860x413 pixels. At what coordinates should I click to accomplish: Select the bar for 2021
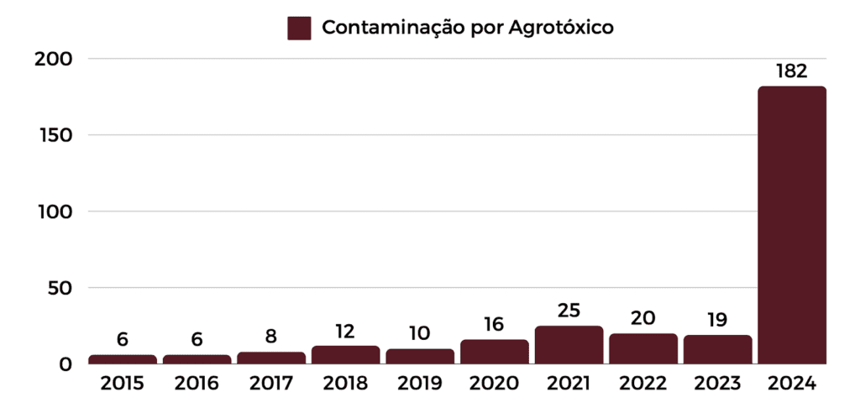pyautogui.click(x=569, y=345)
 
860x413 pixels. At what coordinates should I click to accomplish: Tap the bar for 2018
pyautogui.click(x=345, y=355)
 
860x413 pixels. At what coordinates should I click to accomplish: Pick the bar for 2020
pyautogui.click(x=494, y=352)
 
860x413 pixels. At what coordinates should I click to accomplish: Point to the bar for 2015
pyautogui.click(x=122, y=359)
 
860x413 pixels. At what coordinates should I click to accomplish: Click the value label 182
pyautogui.click(x=792, y=71)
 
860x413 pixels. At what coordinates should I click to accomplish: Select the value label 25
pyautogui.click(x=569, y=311)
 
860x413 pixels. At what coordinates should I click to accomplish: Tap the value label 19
pyautogui.click(x=717, y=320)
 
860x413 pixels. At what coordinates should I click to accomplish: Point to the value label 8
pyautogui.click(x=270, y=337)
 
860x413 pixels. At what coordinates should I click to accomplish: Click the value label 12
pyautogui.click(x=345, y=331)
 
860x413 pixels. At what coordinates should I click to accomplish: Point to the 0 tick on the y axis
pyautogui.click(x=65, y=364)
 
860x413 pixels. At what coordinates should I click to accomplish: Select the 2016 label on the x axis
pyautogui.click(x=197, y=384)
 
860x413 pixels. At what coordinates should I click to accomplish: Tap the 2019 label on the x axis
pyautogui.click(x=419, y=384)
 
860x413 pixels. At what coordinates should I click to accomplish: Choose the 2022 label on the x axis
pyautogui.click(x=642, y=384)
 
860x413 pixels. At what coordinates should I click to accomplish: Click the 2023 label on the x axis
pyautogui.click(x=717, y=384)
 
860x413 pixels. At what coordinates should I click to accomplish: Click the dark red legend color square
pyautogui.click(x=299, y=28)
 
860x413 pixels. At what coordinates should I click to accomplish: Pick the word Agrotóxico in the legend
pyautogui.click(x=561, y=28)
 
